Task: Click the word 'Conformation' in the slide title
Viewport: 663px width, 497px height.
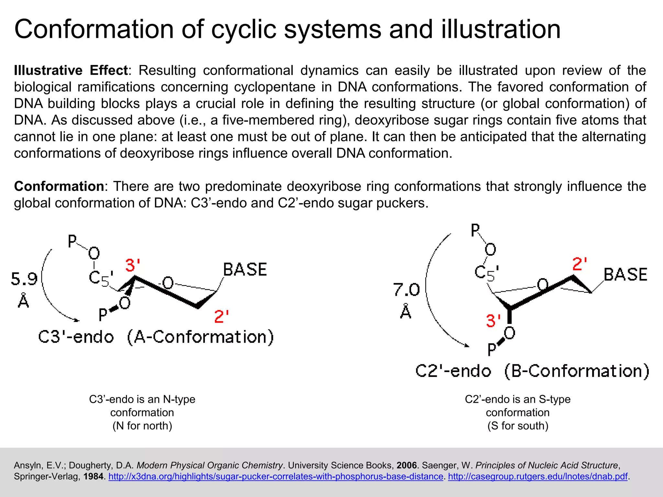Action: pyautogui.click(x=94, y=29)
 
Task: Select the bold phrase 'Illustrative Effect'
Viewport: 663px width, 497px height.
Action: pyautogui.click(x=71, y=70)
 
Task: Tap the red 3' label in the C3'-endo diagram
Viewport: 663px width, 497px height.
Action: pyautogui.click(x=133, y=265)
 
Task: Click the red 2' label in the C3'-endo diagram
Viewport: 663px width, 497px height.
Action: pyautogui.click(x=222, y=316)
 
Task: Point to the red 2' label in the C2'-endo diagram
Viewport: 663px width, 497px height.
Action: pyautogui.click(x=579, y=264)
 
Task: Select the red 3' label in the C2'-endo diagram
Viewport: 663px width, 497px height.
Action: pyautogui.click(x=493, y=321)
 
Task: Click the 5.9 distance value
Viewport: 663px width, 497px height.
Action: pyautogui.click(x=24, y=279)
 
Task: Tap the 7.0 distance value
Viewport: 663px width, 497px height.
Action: pyautogui.click(x=407, y=290)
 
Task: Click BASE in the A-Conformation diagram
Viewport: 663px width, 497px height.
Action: pyautogui.click(x=245, y=270)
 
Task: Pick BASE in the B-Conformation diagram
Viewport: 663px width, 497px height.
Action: pyautogui.click(x=625, y=275)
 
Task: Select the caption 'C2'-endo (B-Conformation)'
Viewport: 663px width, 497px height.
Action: pyautogui.click(x=532, y=371)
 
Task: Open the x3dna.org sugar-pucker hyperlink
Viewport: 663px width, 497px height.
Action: pyautogui.click(x=275, y=476)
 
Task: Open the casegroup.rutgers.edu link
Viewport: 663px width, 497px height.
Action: pyautogui.click(x=537, y=476)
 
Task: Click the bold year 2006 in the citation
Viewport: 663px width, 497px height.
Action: pyautogui.click(x=407, y=465)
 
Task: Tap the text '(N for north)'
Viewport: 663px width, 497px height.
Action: pyautogui.click(x=142, y=426)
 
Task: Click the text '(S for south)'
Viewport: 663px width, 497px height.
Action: pyautogui.click(x=518, y=426)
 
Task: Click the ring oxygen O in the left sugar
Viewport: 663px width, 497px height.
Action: pyautogui.click(x=168, y=283)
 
